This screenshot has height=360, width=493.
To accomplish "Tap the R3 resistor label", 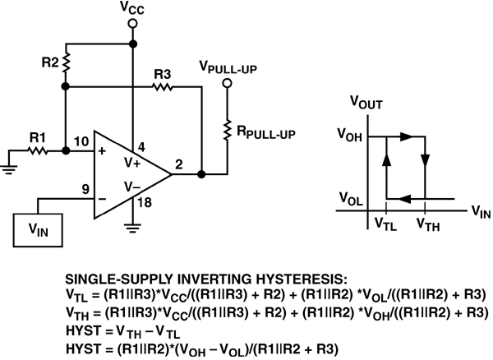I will tap(162, 74).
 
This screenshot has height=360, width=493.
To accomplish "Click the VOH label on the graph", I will tap(350, 136).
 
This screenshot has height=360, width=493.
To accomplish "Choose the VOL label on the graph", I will tap(350, 198).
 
